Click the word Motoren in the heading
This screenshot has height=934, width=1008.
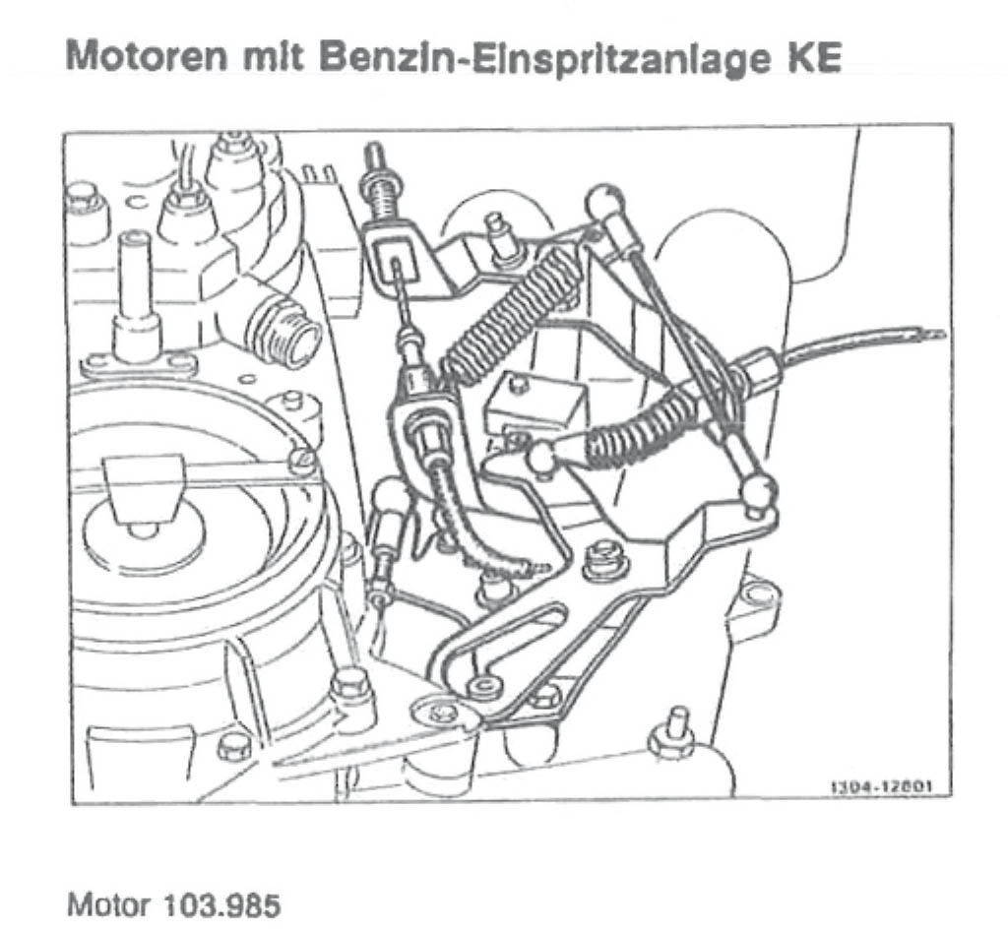point(148,57)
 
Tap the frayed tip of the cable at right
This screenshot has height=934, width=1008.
point(931,334)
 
